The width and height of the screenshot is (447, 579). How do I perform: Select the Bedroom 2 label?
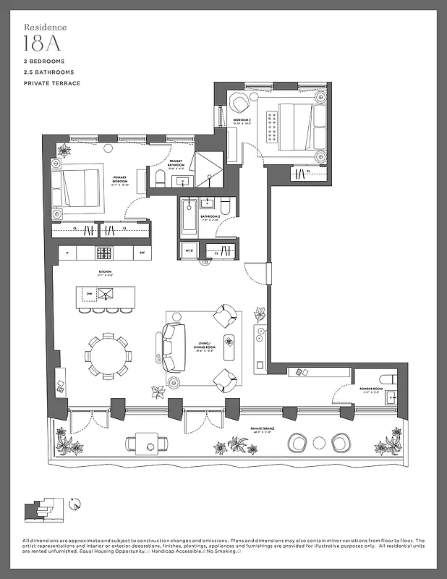pos(242,122)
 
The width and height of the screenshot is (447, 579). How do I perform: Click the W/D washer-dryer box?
pos(190,251)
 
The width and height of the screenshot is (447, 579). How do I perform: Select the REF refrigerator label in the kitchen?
pos(142,253)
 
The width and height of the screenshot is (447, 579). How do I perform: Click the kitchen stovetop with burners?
pos(104,253)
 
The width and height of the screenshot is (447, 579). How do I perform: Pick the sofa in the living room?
pos(170,347)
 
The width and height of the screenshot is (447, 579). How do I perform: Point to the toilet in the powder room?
pos(388,379)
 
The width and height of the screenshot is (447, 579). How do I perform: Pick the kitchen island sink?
pos(108,293)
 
